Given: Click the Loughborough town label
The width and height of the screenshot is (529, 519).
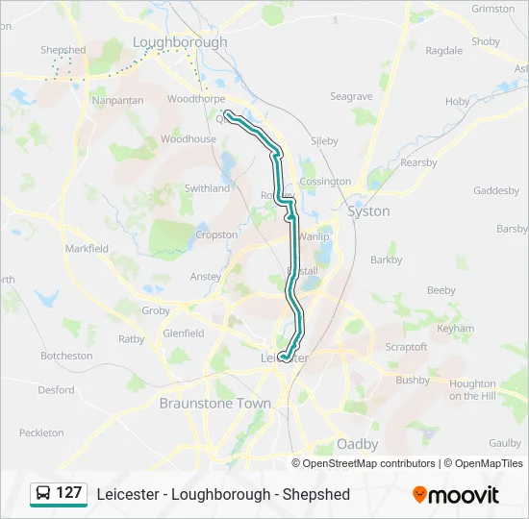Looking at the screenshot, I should pyautogui.click(x=180, y=42).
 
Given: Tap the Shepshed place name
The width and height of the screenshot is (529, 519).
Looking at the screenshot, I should pyautogui.click(x=63, y=50).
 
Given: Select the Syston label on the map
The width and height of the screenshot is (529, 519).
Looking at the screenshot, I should pyautogui.click(x=368, y=211).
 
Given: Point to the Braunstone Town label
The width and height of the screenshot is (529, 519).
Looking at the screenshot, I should pyautogui.click(x=215, y=404).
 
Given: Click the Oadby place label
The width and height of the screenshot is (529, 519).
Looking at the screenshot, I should pyautogui.click(x=357, y=444).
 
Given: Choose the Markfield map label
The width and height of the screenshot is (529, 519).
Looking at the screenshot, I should pyautogui.click(x=87, y=248).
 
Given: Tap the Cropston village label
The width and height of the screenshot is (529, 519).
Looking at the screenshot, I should pyautogui.click(x=216, y=235).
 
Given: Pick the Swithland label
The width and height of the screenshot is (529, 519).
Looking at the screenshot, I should pyautogui.click(x=208, y=188).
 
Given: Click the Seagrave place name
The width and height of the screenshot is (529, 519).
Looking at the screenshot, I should pyautogui.click(x=351, y=97).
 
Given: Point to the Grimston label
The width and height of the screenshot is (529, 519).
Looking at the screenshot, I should pyautogui.click(x=493, y=9).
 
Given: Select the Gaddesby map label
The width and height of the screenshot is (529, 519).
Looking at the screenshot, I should pyautogui.click(x=496, y=190).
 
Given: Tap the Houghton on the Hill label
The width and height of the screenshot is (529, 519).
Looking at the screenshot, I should pyautogui.click(x=472, y=390).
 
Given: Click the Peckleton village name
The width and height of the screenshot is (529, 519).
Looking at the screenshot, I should pyautogui.click(x=40, y=433).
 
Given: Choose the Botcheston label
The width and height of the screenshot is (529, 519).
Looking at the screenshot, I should pyautogui.click(x=66, y=356).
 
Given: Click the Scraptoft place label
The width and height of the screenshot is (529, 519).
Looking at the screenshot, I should pyautogui.click(x=405, y=346).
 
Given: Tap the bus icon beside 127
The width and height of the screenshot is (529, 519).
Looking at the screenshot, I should pyautogui.click(x=43, y=494).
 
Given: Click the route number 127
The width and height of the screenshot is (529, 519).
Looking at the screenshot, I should pyautogui.click(x=69, y=494).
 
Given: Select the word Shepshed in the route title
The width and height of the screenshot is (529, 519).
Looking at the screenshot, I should pyautogui.click(x=316, y=495).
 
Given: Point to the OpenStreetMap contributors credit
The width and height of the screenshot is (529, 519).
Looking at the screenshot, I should pyautogui.click(x=369, y=463).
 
